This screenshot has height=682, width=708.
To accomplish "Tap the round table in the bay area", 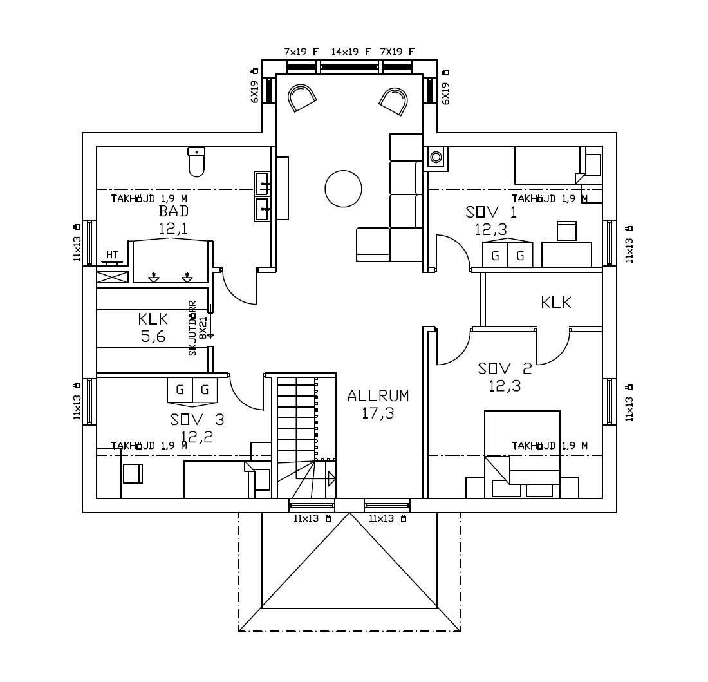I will coord(343,189).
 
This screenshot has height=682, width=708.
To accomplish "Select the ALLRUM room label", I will coord(378,395).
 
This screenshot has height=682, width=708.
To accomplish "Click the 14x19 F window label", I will coord(351,52).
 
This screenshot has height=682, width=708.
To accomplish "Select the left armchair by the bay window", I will coord(301,98).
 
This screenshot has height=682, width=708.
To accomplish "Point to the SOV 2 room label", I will coord(505,368).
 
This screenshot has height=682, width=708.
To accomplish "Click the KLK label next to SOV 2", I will coord(556,302).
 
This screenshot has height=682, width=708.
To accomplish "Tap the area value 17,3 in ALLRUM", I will coord(378,413).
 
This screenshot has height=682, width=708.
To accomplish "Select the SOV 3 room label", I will coord(197,420).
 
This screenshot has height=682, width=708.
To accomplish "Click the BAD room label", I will coord(174,211).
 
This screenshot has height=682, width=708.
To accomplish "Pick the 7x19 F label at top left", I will coord(302,52).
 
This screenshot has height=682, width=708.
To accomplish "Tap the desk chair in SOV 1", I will coord(566,231).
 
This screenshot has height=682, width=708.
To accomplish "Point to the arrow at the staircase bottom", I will coord(331,478).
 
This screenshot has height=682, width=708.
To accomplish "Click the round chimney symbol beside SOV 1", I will coord(436,156).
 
